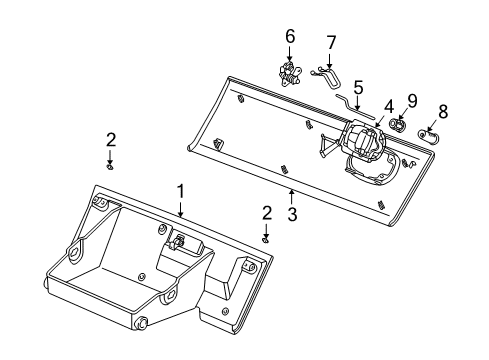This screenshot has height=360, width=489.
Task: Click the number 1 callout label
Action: (x=181, y=189)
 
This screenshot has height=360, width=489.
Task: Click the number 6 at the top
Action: (x=290, y=36)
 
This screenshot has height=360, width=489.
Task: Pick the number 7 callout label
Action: (x=331, y=43)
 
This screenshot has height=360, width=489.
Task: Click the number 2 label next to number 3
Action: (x=267, y=212)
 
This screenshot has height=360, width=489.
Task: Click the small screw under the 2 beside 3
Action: (x=267, y=238)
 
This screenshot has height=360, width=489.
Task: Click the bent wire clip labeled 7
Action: (x=327, y=74)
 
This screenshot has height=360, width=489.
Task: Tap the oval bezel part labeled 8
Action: (x=433, y=136)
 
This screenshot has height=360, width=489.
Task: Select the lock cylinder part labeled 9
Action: (x=400, y=126)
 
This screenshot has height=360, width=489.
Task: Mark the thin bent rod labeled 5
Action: (x=350, y=104)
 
